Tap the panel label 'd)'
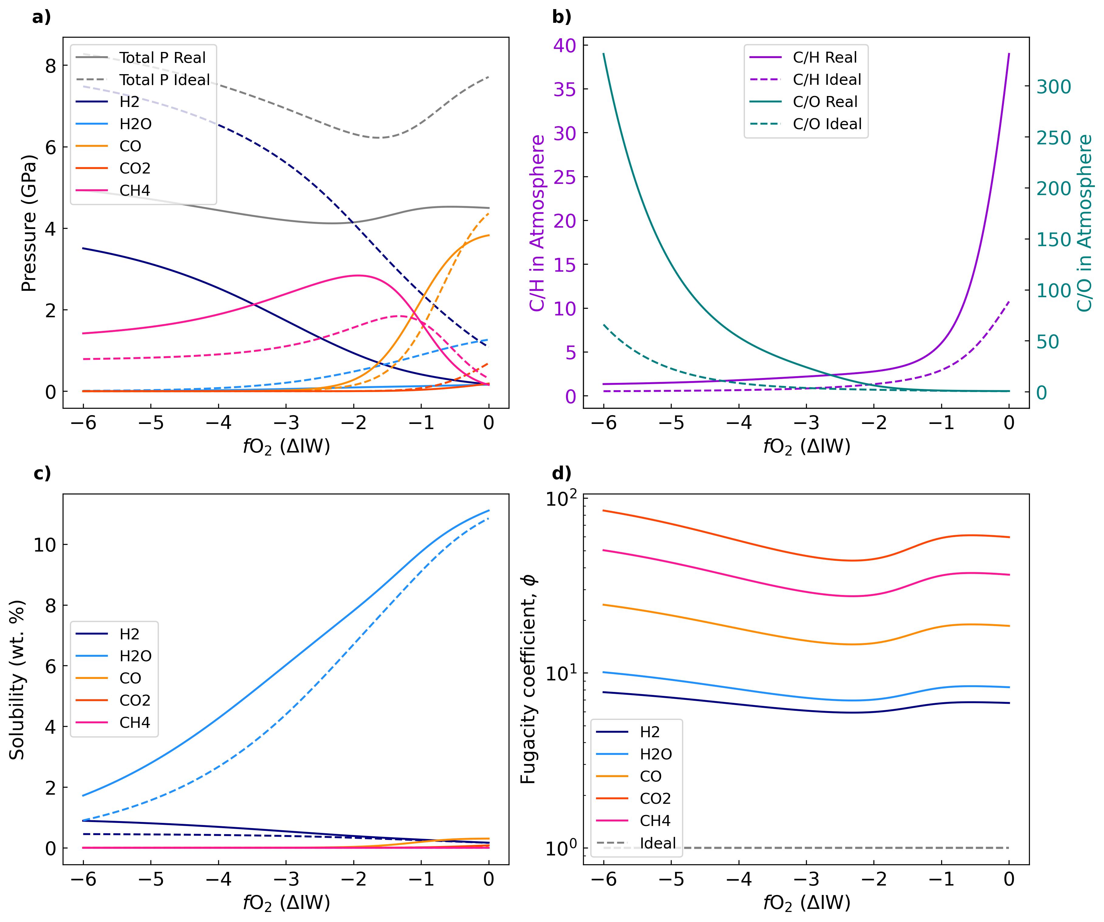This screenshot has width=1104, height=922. coord(561,473)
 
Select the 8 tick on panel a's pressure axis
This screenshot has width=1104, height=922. coord(50,65)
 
